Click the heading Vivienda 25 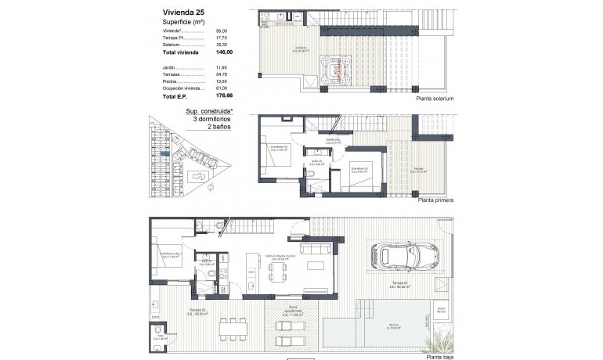click(x=184, y=13)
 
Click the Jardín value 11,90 click(x=223, y=67)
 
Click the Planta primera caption click(x=435, y=200)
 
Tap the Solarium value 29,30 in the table click(x=223, y=45)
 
